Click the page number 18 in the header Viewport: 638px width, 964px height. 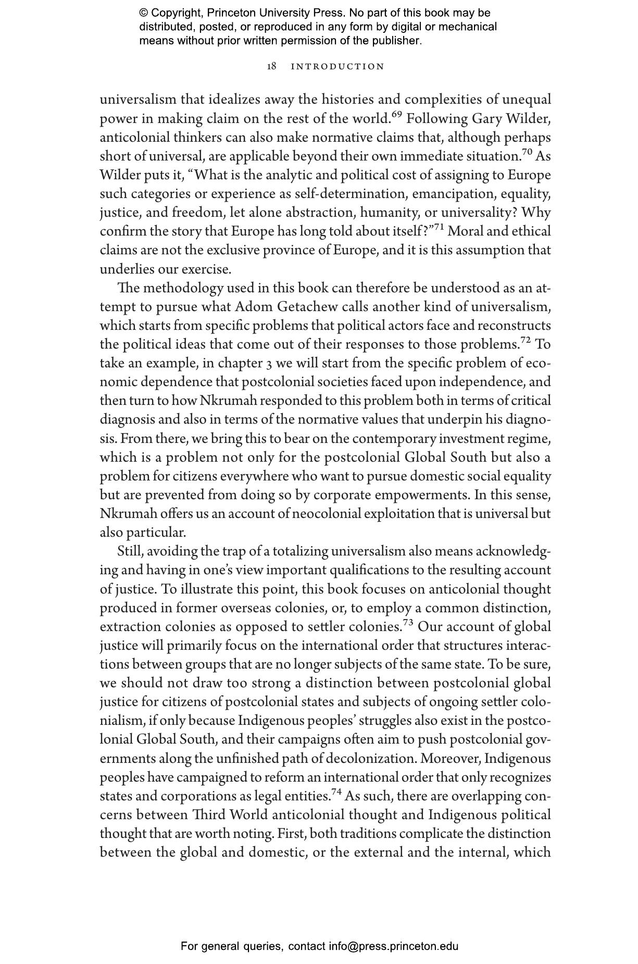click(x=271, y=66)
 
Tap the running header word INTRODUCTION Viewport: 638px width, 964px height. click(x=337, y=67)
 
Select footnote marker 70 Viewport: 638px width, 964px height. click(x=527, y=152)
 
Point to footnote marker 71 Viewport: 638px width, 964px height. click(x=439, y=227)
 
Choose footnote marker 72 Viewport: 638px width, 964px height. click(x=525, y=340)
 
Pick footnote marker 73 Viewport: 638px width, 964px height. click(x=408, y=623)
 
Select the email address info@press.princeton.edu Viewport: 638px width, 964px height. click(x=393, y=946)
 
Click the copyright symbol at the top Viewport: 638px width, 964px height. click(x=144, y=13)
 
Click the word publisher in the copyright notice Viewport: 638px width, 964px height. click(x=395, y=41)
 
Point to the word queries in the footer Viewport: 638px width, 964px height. click(x=263, y=946)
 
